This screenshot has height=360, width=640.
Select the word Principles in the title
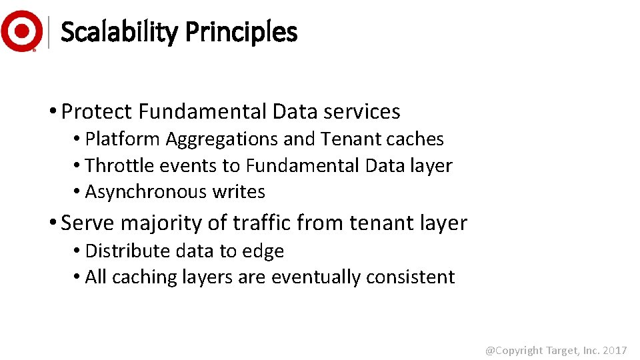coord(241,32)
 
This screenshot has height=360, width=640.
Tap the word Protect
coord(96,111)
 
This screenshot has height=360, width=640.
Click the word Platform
coord(123,139)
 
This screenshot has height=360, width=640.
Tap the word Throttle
coord(119,165)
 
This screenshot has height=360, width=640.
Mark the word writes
coord(239,192)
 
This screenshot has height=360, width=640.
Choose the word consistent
coord(413,277)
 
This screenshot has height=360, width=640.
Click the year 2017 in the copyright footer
coord(615,350)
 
